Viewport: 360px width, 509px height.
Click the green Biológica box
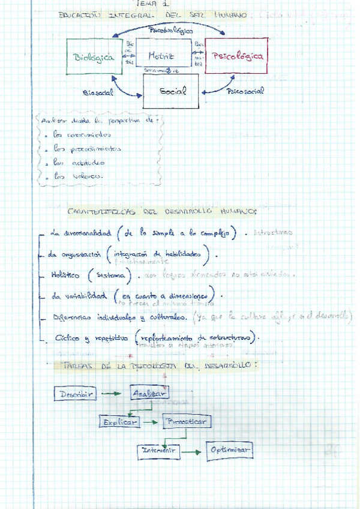[94, 56]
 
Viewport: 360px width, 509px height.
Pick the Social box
[171, 91]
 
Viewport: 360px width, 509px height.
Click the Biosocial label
[98, 94]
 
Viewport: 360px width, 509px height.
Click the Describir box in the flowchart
[74, 394]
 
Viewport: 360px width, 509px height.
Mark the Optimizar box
[229, 450]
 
